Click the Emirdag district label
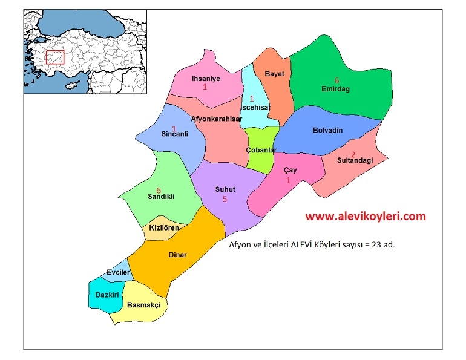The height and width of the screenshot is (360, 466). (336, 89)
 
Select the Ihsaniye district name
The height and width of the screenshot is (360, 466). (206, 78)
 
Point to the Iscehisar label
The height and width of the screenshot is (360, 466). (250, 107)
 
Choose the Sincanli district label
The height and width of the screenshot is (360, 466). (175, 134)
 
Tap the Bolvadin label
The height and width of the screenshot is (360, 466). (327, 131)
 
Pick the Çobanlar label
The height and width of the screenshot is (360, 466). (261, 149)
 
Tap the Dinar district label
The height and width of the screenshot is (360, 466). (177, 255)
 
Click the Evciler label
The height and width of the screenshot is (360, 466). (118, 273)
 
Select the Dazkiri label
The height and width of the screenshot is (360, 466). (107, 295)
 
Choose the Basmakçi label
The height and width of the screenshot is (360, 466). (143, 306)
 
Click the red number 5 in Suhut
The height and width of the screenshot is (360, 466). (225, 199)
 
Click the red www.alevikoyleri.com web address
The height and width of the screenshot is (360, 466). (365, 216)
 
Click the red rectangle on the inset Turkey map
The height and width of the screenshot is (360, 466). (55, 57)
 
